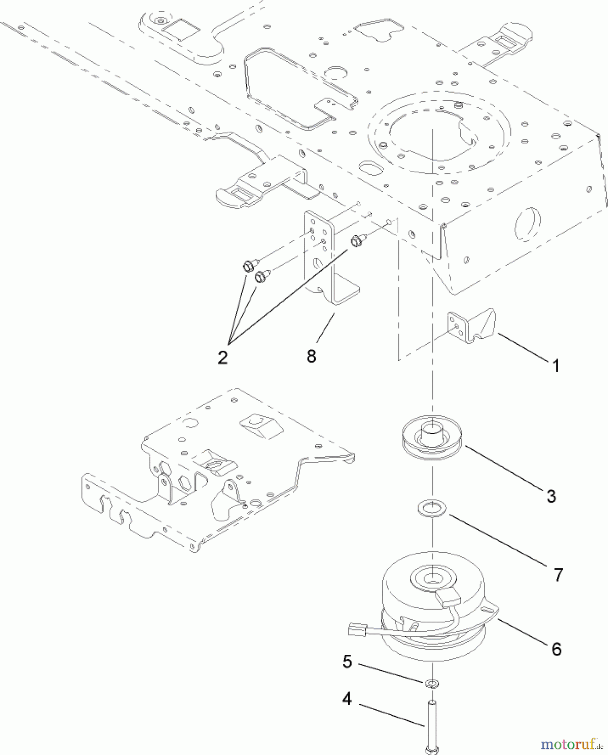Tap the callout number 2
tap(222, 357)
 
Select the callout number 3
tap(551, 496)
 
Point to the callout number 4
tap(347, 699)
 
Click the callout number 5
tap(347, 661)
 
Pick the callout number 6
tap(556, 649)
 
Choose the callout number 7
tap(558, 575)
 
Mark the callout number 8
tap(311, 356)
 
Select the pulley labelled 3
tap(432, 441)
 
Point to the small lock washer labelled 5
tap(432, 684)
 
